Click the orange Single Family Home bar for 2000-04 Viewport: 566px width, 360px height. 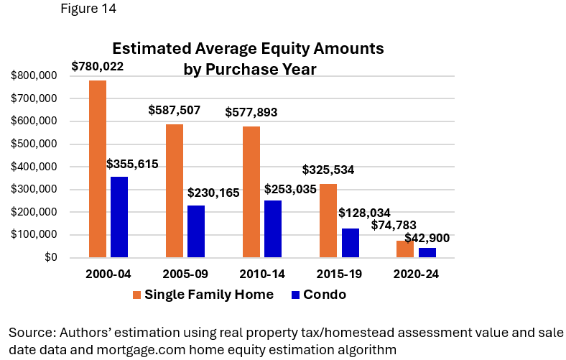(x=98, y=169)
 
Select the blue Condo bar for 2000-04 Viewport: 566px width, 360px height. (x=119, y=217)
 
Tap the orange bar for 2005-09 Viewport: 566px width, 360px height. (x=175, y=191)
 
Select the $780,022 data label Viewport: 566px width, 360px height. (x=98, y=67)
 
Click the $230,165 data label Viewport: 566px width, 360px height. (x=213, y=193)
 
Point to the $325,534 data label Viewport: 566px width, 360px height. (x=328, y=170)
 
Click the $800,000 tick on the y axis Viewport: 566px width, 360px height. (x=35, y=75)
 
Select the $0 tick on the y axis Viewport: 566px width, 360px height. (x=51, y=257)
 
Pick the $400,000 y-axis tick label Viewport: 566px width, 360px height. (x=35, y=167)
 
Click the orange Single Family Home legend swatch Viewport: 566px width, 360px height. (x=136, y=295)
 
